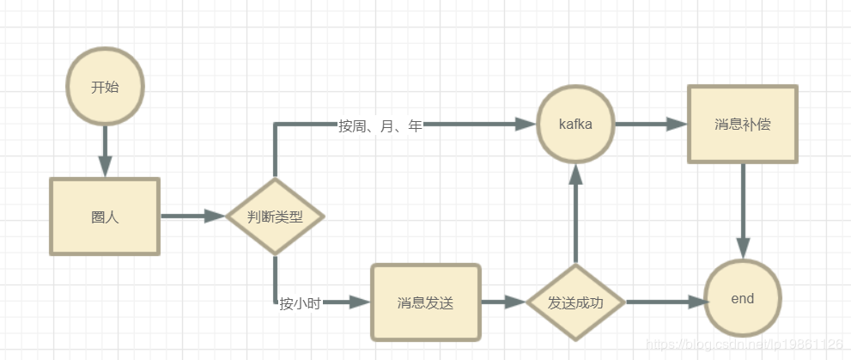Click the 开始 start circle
(x=105, y=87)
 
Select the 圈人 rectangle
(x=105, y=217)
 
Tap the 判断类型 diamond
(x=275, y=217)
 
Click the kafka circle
(x=575, y=125)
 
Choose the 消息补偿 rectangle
(x=742, y=125)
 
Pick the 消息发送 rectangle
(x=425, y=302)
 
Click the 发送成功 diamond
(x=575, y=302)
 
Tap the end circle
(x=742, y=299)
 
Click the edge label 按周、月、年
(x=380, y=126)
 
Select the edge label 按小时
(x=300, y=303)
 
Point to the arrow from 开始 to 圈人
(x=105, y=150)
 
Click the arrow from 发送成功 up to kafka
(x=575, y=215)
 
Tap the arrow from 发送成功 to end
(x=666, y=302)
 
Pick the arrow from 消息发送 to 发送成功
(x=502, y=302)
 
